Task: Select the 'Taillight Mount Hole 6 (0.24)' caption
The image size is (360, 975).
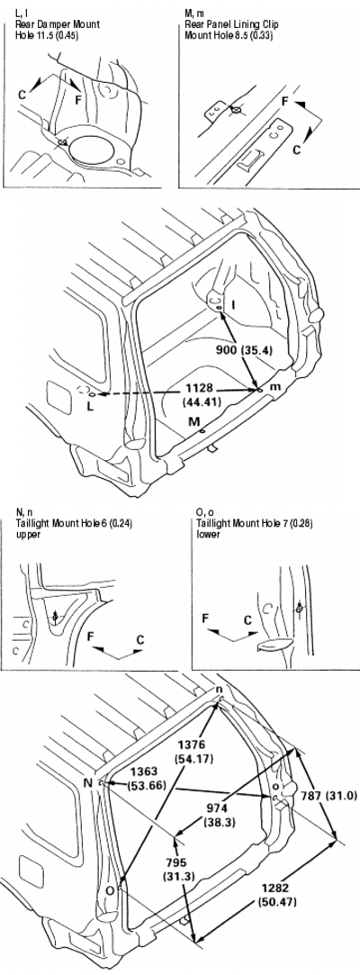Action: (66, 523)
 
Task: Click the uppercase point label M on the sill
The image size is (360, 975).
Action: (194, 421)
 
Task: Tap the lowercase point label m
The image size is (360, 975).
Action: (275, 387)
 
